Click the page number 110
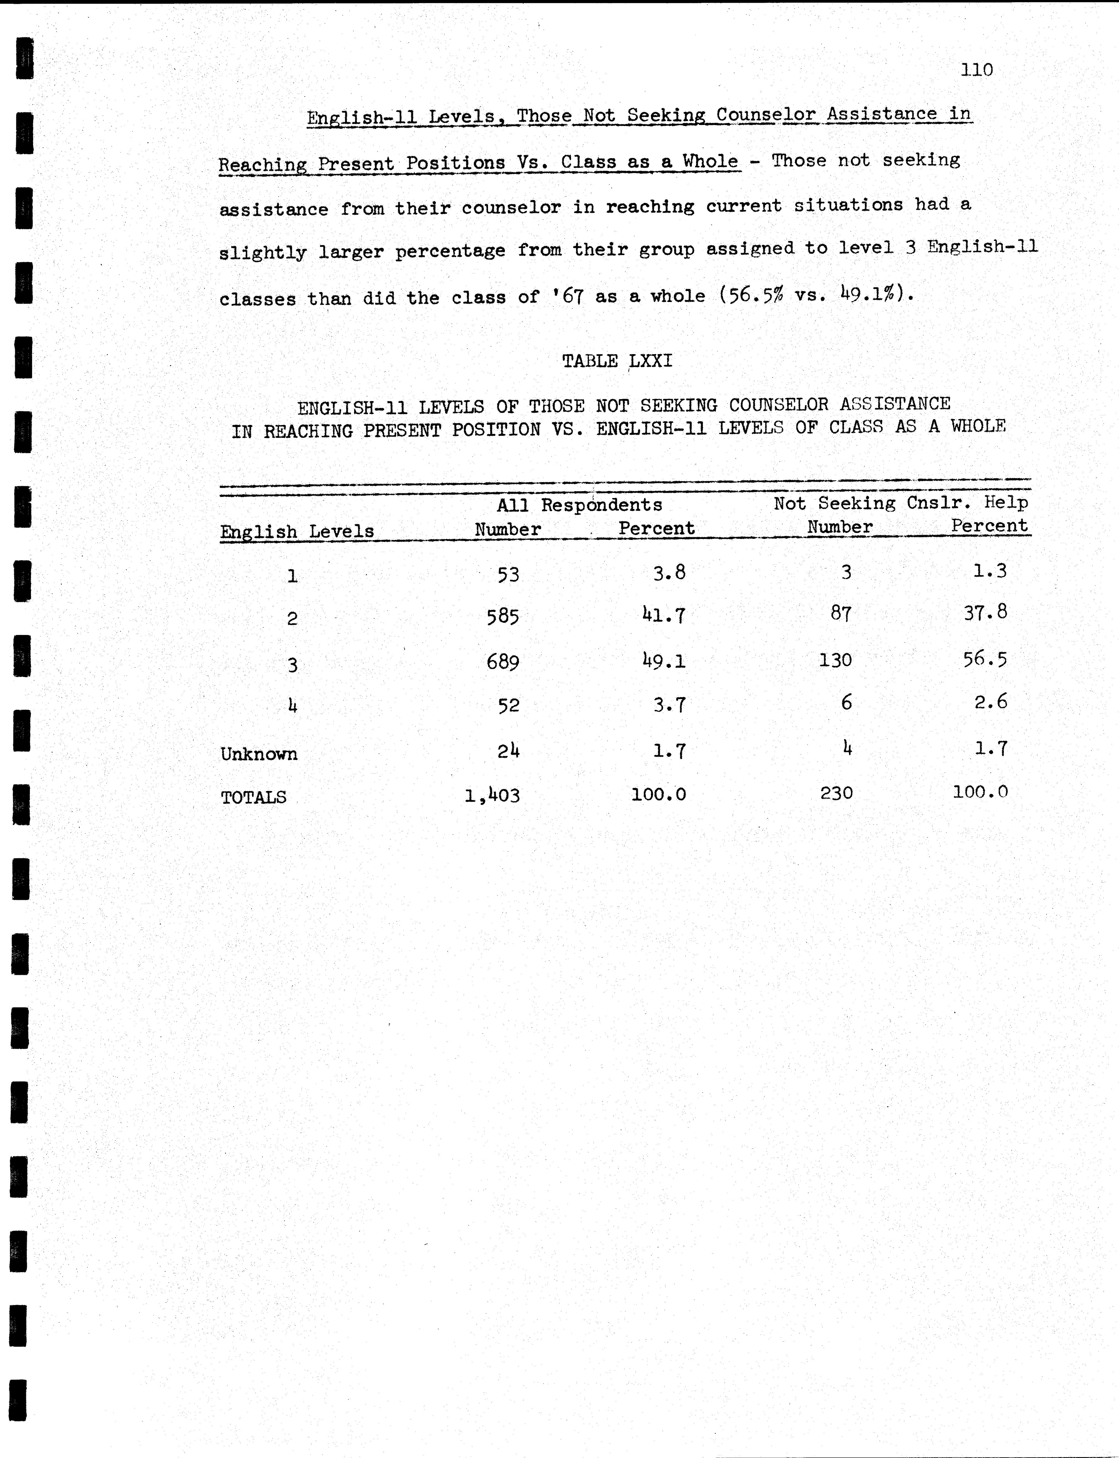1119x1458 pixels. click(977, 70)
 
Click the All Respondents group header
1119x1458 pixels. click(580, 505)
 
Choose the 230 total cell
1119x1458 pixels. click(837, 793)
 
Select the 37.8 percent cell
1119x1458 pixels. click(985, 613)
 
